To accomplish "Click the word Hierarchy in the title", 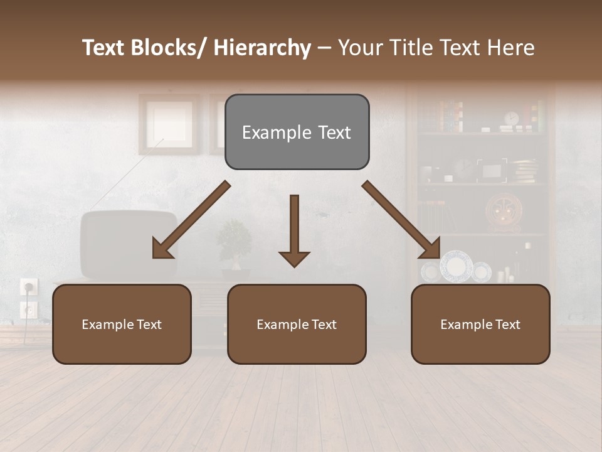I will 262,48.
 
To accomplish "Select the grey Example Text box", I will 297,132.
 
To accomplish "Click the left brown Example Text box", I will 122,324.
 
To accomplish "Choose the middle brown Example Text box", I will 297,324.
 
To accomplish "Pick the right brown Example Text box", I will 480,324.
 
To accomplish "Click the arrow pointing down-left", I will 191,220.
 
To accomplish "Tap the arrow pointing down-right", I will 401,220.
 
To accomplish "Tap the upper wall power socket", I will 29,287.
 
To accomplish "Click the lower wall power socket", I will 29,309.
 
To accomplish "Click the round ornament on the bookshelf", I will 503,212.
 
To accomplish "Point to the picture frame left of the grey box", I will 169,124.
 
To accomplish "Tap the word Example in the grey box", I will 268,132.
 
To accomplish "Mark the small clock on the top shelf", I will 512,118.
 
